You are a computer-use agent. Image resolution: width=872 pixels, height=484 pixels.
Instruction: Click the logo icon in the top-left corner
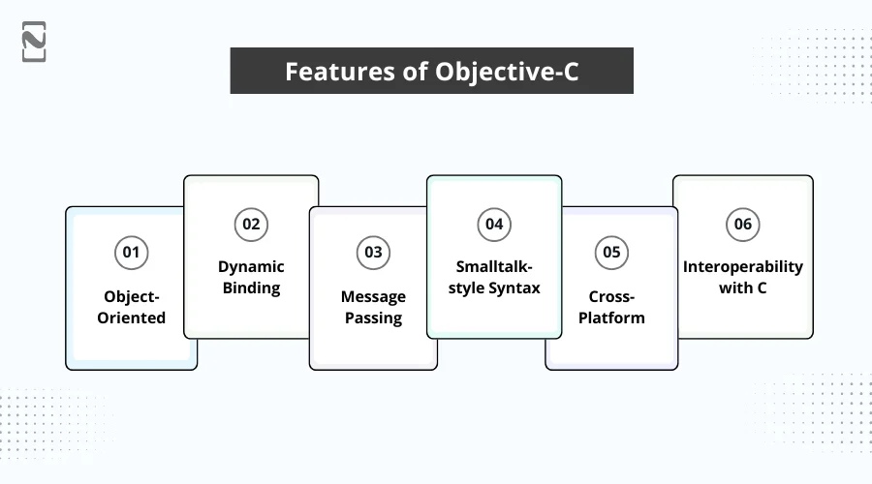click(x=34, y=42)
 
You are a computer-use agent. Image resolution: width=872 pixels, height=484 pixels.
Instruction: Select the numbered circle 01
click(x=131, y=253)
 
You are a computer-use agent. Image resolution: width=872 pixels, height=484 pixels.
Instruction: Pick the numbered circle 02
click(x=251, y=224)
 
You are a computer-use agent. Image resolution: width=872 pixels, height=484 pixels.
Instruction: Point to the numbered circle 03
click(x=373, y=253)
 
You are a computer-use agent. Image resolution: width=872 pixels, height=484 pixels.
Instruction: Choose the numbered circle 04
click(x=494, y=224)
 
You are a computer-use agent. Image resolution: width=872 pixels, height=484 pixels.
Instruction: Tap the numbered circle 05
click(x=611, y=253)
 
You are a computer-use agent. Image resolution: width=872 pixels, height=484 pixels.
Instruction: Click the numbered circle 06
click(x=742, y=224)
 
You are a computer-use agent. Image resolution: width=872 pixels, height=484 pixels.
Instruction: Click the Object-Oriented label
click(x=131, y=307)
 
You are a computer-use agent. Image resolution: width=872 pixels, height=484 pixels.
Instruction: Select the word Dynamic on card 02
click(x=251, y=266)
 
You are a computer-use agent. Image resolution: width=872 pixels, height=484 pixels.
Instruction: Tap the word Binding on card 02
click(x=251, y=287)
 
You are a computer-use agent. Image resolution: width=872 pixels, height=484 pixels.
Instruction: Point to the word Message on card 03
click(x=373, y=296)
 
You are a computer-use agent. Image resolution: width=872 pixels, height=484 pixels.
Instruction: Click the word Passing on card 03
click(x=373, y=318)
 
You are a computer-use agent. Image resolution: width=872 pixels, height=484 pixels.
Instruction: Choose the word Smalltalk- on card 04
click(x=494, y=266)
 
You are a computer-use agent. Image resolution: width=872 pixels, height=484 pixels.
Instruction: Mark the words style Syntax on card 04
click(x=494, y=287)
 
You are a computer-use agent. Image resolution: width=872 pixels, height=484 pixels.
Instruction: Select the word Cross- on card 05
click(x=611, y=296)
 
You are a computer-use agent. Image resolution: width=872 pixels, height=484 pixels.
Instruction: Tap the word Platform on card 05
click(x=611, y=318)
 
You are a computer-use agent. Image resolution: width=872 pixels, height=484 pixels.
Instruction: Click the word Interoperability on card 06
click(x=742, y=266)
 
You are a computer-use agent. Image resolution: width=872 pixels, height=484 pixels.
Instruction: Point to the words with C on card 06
click(x=742, y=287)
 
